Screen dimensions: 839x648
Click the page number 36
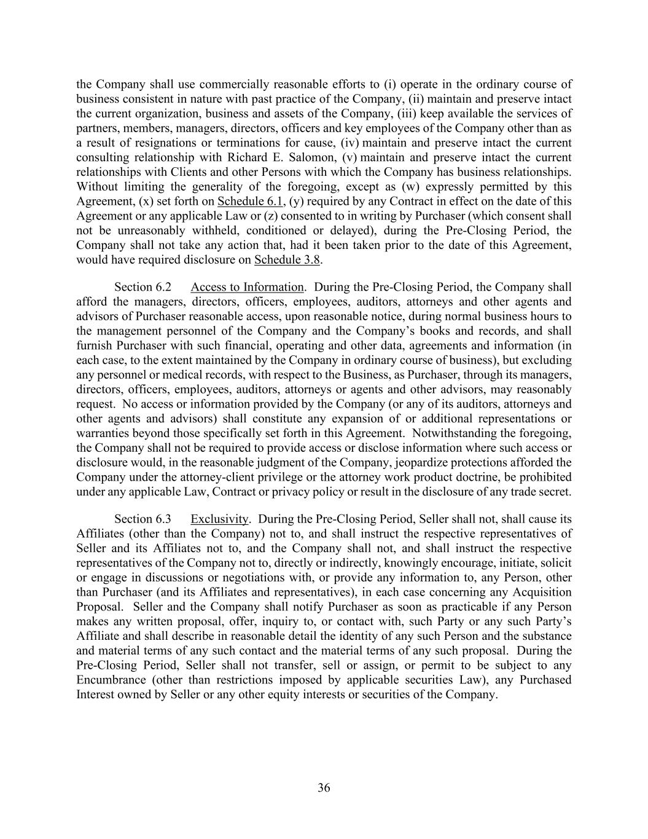pos(324,788)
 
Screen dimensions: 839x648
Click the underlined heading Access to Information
pos(247,287)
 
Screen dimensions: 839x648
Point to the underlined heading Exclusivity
pos(219,519)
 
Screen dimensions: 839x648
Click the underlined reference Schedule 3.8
pos(287,259)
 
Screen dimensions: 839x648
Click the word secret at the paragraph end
pos(555,492)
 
